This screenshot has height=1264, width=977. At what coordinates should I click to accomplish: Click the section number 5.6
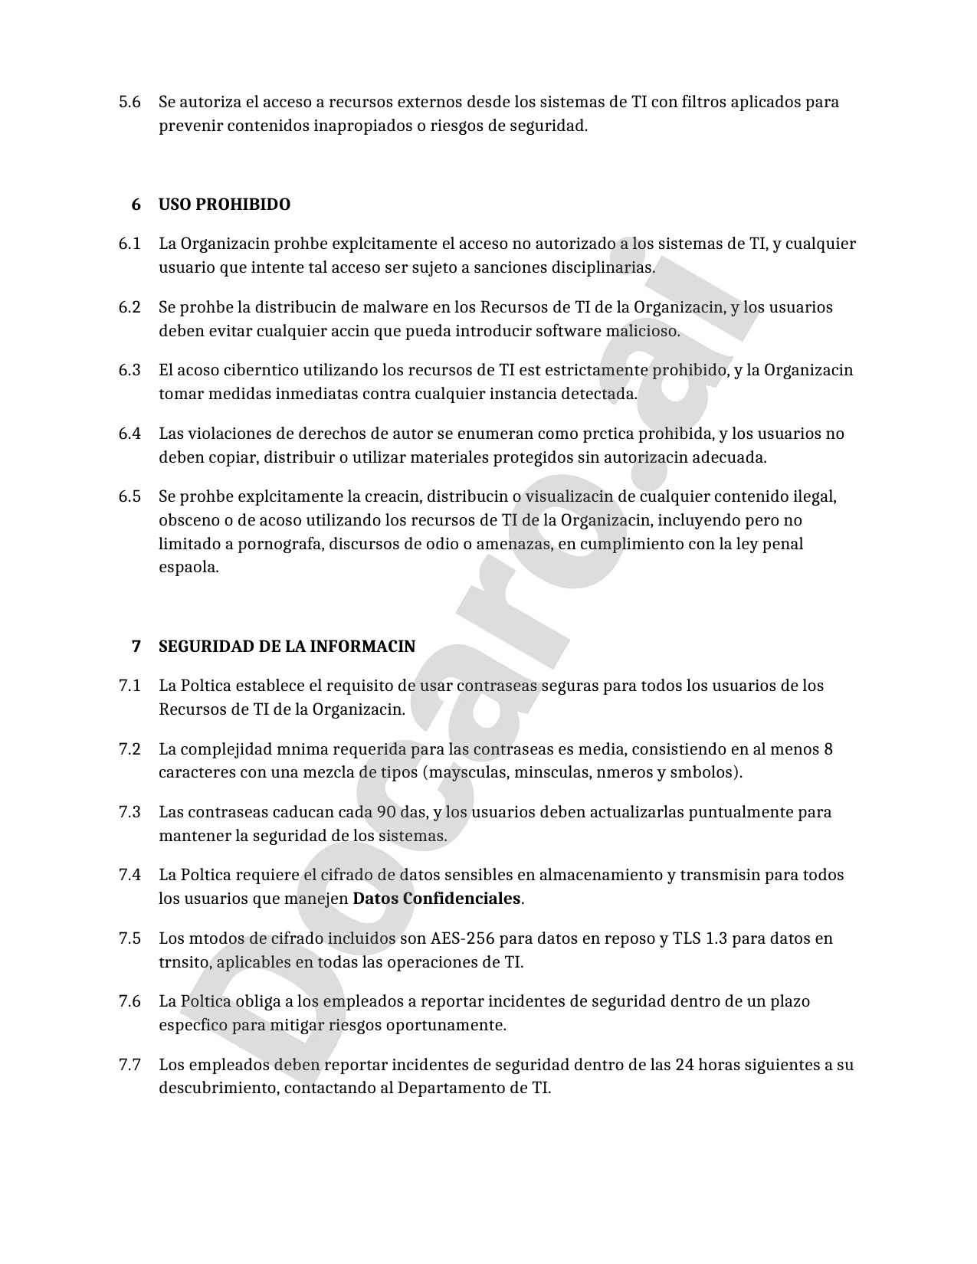[x=130, y=102]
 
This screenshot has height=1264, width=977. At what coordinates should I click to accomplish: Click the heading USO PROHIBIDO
[x=224, y=205]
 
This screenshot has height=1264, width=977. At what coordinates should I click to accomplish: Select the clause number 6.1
[x=130, y=244]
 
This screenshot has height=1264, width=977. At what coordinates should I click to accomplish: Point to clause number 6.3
[x=130, y=370]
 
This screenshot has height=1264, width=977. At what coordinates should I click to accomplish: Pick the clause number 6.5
[x=130, y=496]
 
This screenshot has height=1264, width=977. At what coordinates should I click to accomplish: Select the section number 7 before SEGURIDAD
[x=136, y=646]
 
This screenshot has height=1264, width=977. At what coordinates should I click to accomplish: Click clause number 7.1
[x=130, y=686]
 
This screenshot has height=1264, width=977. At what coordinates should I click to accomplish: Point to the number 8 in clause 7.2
[x=828, y=748]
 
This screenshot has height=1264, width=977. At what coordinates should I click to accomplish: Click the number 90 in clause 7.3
[x=386, y=812]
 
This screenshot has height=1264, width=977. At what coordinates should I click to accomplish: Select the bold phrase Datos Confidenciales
[x=436, y=899]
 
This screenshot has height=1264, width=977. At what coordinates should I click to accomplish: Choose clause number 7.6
[x=130, y=1001]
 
